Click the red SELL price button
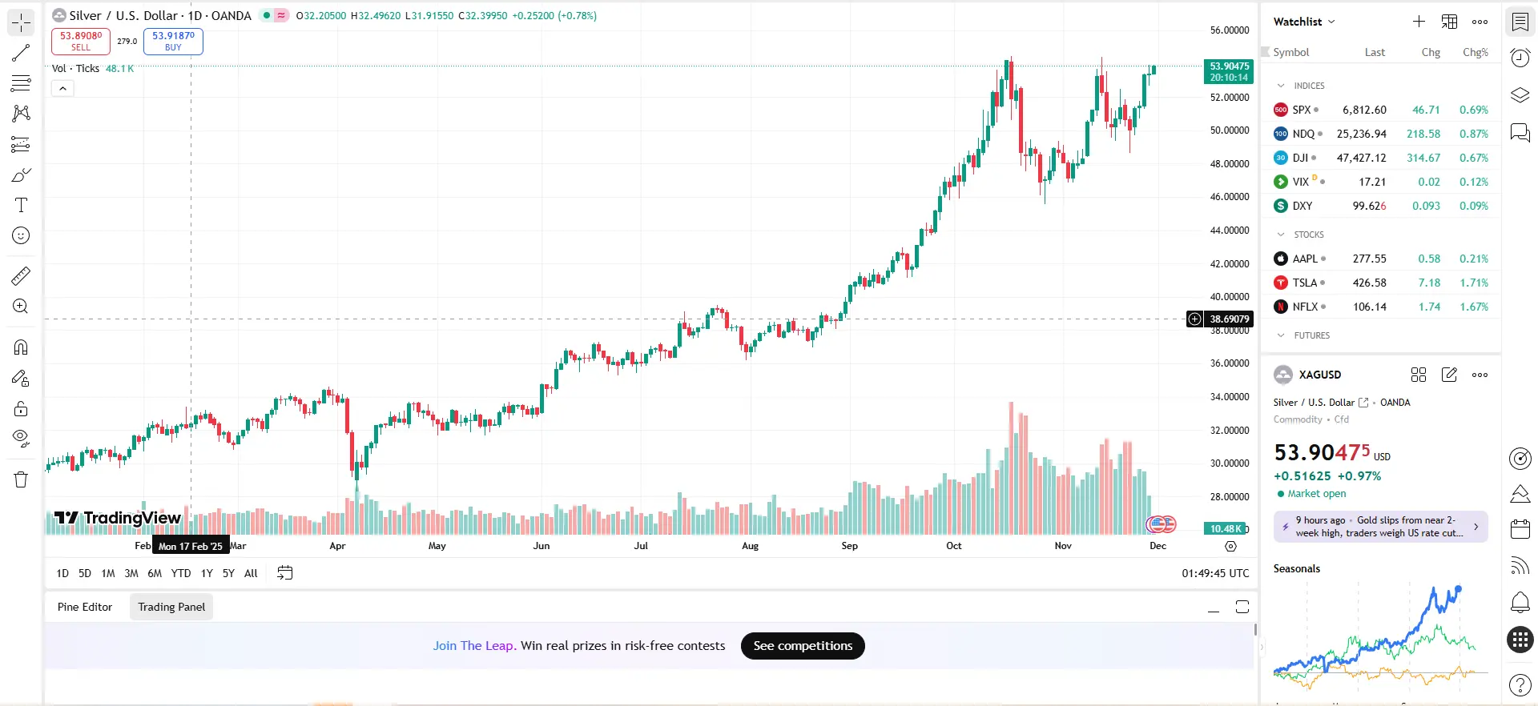point(80,41)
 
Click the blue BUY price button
point(173,41)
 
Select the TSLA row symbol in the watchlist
point(1304,283)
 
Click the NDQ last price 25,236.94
point(1361,134)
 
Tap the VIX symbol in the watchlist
point(1300,182)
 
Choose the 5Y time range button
point(228,573)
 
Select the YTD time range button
point(181,573)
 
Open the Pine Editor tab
point(85,607)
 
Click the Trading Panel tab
point(171,607)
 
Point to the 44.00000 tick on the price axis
point(1229,231)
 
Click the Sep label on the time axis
point(849,546)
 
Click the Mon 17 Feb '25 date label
point(191,546)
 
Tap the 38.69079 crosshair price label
point(1229,319)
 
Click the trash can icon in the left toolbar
point(21,479)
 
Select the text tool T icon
point(21,205)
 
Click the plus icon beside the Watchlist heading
point(1419,22)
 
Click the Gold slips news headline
point(1380,527)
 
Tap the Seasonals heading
point(1296,568)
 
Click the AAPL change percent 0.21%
point(1473,259)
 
